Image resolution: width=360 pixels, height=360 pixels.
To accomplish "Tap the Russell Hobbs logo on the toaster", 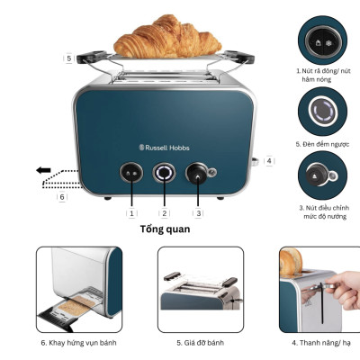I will point(164,147).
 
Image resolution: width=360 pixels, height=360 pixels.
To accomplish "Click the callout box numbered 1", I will point(131,212).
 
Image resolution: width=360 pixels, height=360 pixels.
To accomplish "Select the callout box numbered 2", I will point(164,212).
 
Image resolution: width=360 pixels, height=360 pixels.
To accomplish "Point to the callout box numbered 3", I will point(198,212).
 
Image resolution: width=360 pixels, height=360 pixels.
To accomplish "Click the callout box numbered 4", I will point(269,160).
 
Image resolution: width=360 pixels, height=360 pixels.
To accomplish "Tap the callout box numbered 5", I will point(68,58).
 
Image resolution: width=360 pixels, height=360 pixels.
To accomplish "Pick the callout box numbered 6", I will point(62,196).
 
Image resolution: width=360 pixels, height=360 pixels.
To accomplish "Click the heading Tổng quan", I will point(165,229).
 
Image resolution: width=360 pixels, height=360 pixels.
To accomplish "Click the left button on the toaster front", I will point(131,173).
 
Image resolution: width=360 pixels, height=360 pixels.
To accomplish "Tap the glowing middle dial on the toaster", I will point(164,173).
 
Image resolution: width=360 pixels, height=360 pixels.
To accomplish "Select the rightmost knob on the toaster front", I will point(196,173).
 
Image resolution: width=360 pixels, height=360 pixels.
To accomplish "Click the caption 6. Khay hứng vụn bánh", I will point(78,343).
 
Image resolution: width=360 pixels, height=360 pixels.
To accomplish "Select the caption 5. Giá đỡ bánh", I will point(199,343).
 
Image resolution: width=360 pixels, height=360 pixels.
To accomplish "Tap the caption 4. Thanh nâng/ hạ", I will point(321,343).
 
